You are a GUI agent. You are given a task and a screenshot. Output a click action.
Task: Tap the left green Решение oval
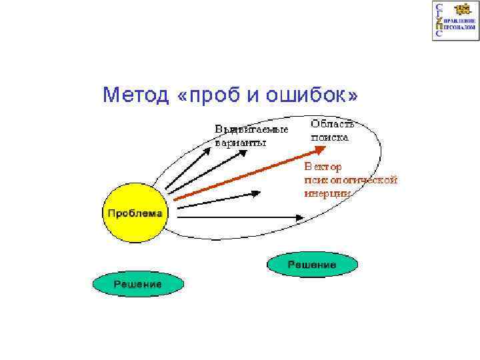137,284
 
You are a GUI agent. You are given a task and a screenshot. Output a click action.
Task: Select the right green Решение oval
312,265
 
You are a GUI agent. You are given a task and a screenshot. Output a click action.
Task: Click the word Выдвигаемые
251,129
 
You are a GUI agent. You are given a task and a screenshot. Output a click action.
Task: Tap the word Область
333,124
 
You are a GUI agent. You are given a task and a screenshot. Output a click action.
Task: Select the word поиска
329,137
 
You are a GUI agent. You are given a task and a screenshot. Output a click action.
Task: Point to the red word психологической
351,179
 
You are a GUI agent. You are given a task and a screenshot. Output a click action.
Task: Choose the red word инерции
327,193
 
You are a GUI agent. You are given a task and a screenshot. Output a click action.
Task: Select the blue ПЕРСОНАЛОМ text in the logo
460,29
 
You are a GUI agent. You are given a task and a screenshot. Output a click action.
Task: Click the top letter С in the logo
438,7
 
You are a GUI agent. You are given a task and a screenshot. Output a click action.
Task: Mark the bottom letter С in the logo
438,35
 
